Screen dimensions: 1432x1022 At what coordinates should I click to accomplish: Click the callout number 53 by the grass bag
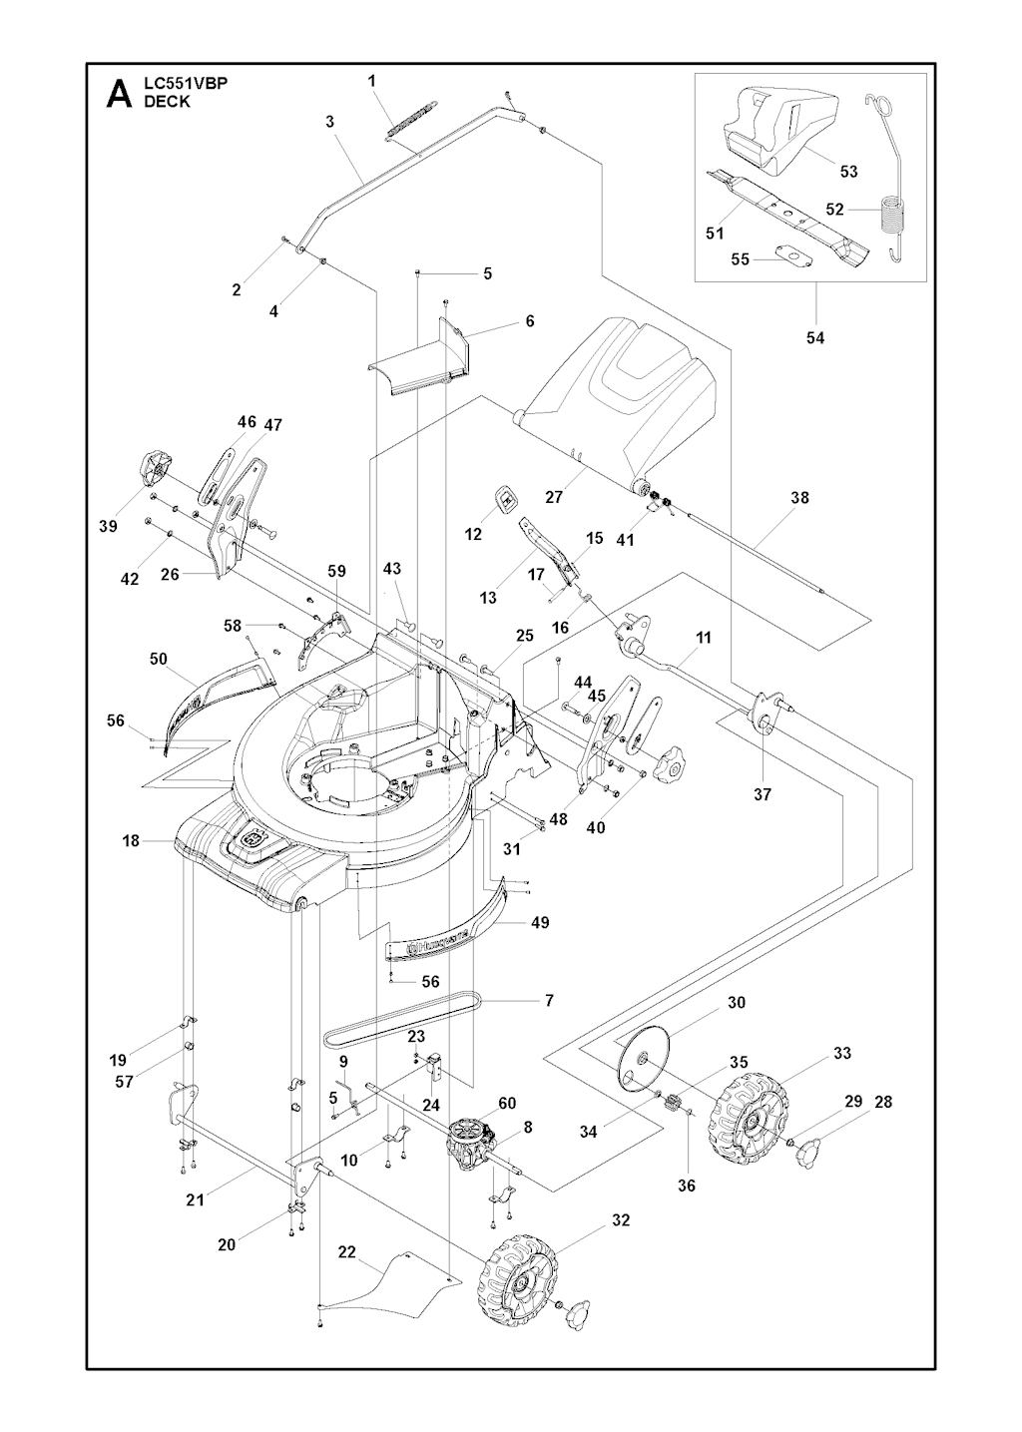click(848, 172)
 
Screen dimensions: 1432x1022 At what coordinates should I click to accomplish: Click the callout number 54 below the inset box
click(815, 338)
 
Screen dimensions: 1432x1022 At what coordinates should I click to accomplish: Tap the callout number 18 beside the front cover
click(131, 841)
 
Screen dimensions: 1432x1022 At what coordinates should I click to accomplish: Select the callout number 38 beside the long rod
click(799, 498)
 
